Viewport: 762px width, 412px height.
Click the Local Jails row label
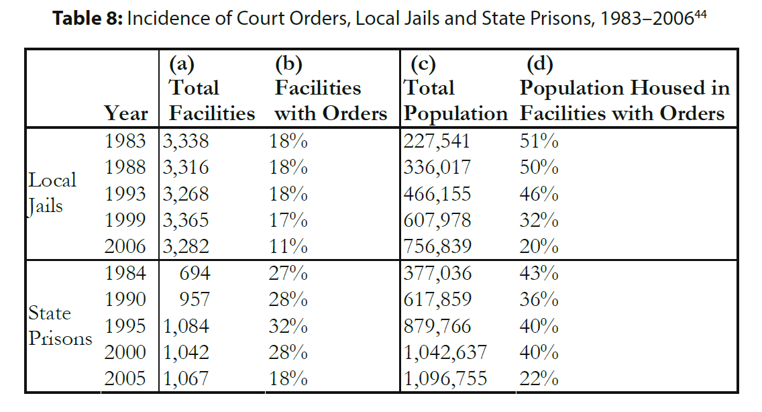point(52,193)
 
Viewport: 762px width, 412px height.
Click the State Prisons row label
point(60,326)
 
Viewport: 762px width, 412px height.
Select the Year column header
point(126,113)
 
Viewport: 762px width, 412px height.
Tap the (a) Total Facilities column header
point(211,89)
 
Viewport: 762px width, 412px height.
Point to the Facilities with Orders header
point(331,101)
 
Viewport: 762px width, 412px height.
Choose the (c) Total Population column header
point(455,89)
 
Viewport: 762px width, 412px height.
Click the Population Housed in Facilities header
point(624,101)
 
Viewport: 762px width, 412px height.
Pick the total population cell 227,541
point(437,142)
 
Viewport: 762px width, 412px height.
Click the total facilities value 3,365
point(185,220)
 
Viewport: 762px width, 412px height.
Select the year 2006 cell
point(126,246)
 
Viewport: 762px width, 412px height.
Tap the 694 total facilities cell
point(195,273)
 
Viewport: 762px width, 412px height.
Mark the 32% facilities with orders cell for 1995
point(288,326)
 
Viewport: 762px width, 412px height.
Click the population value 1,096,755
point(445,378)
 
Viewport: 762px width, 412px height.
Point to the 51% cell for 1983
point(539,142)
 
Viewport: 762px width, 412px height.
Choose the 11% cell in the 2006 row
point(288,246)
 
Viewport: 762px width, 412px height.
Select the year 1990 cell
point(126,299)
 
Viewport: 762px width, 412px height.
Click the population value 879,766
point(437,326)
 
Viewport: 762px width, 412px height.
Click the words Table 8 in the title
point(87,18)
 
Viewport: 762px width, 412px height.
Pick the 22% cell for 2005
point(539,378)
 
